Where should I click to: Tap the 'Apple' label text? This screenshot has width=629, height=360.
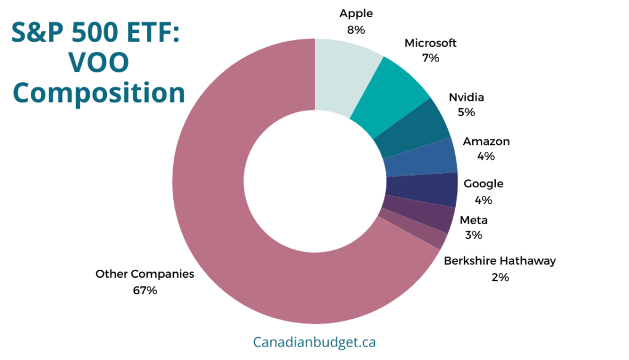click(356, 14)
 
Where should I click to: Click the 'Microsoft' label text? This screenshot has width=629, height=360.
click(431, 43)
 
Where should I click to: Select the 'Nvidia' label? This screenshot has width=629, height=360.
click(466, 97)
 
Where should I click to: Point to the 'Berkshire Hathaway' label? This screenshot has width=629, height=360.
click(500, 261)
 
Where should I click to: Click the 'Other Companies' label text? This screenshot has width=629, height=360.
click(145, 274)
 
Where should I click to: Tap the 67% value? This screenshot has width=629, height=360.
click(145, 290)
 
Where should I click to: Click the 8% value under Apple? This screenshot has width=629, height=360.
click(356, 29)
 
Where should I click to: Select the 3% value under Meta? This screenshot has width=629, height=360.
click(474, 235)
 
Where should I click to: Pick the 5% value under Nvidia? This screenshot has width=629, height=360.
click(466, 112)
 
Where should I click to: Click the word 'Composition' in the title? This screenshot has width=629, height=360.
click(99, 93)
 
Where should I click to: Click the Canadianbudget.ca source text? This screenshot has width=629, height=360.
click(314, 342)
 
